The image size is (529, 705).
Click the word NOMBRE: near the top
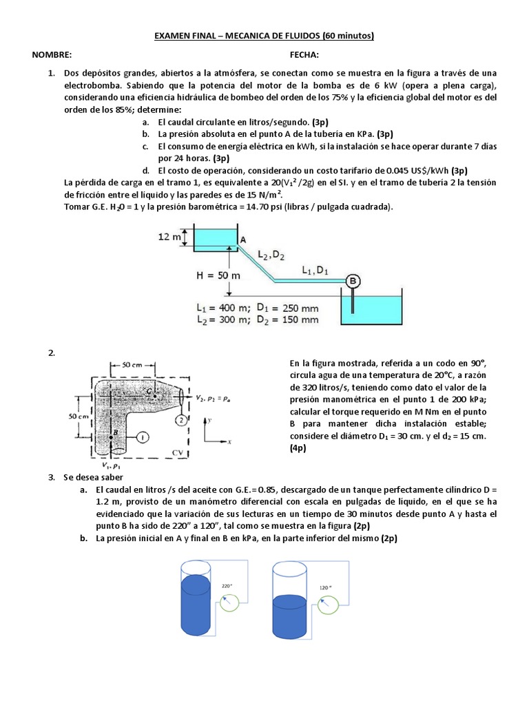52,54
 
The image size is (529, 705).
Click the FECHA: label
304,54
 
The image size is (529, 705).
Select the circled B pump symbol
353,280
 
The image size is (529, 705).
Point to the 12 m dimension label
170,237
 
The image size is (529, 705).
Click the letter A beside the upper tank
242,240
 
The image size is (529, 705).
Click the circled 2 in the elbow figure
181,420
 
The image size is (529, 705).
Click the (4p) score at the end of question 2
299,448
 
